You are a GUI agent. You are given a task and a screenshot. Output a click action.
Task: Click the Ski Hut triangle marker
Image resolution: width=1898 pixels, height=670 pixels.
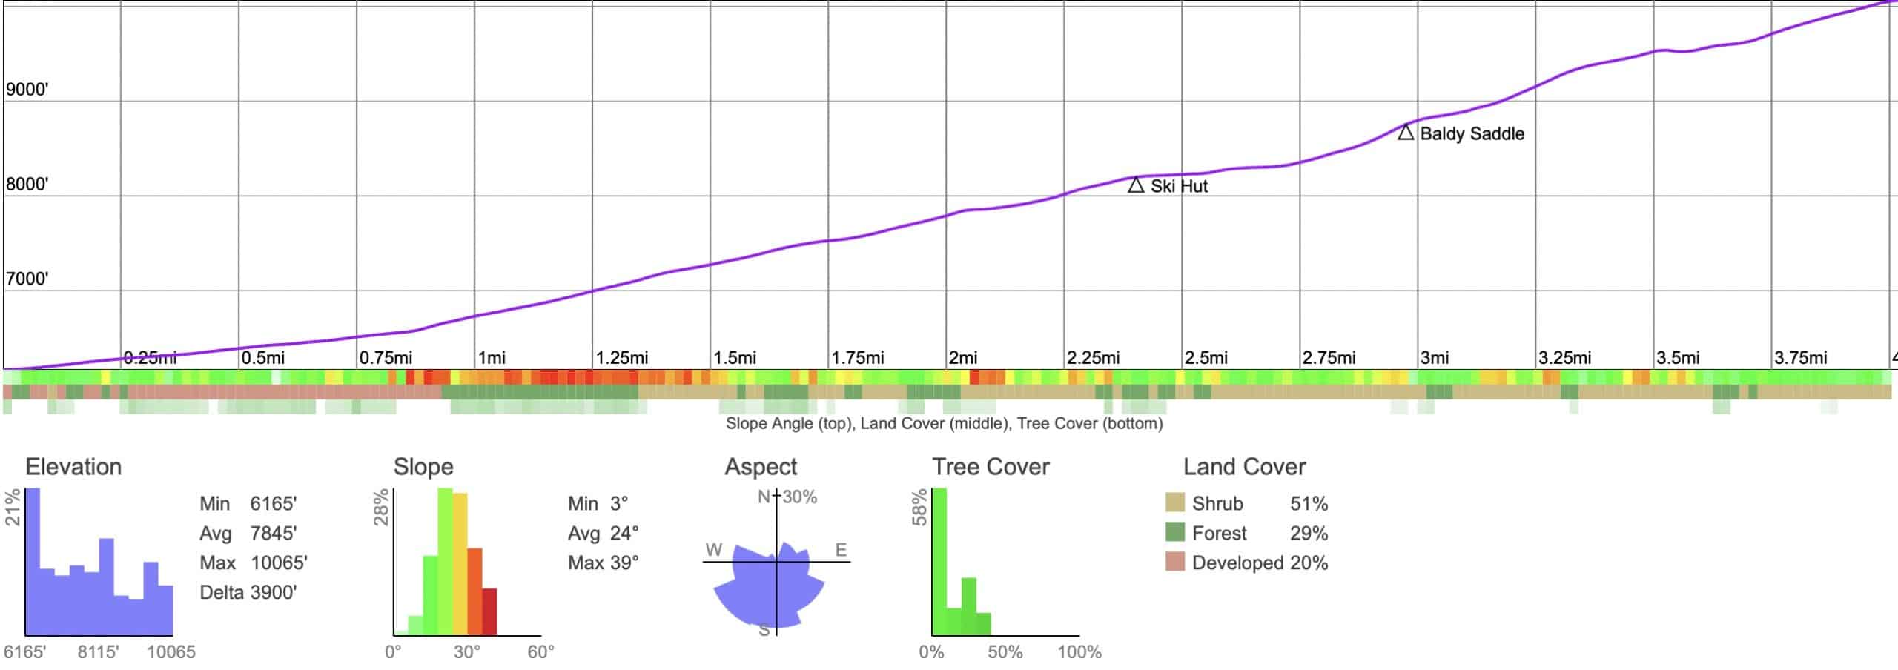pos(1135,185)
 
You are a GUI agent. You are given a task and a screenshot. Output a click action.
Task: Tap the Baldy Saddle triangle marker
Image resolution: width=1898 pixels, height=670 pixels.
pos(1405,133)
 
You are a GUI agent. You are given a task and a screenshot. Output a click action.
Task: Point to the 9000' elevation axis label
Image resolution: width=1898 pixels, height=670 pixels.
pos(27,90)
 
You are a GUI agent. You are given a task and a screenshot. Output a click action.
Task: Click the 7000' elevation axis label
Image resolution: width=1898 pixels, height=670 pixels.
pos(27,279)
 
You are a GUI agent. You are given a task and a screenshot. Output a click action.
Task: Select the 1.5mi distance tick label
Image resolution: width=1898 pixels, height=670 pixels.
pos(735,358)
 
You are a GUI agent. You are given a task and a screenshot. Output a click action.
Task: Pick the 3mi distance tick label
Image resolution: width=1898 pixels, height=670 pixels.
pos(1435,358)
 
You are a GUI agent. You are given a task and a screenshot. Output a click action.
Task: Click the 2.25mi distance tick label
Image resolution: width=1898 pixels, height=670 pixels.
pos(1093,358)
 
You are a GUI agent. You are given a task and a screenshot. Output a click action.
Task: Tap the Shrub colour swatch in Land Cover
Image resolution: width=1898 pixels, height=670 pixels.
pos(1174,503)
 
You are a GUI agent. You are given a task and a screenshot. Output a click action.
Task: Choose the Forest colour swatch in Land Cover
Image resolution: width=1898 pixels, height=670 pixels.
pos(1174,532)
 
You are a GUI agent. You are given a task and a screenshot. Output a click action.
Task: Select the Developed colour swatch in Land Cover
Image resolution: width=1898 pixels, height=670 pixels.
pos(1174,562)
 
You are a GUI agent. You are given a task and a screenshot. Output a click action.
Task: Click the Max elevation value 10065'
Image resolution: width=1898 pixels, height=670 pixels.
pos(279,563)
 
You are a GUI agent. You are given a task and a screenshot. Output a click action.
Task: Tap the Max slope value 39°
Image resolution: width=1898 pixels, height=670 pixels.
pos(624,563)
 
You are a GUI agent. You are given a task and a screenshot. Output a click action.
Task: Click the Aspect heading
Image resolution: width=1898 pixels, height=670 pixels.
pos(760,467)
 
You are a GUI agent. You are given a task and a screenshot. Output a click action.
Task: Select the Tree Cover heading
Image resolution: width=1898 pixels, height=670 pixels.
pos(991,467)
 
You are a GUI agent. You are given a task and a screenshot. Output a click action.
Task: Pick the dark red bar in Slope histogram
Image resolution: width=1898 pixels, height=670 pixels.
pos(489,611)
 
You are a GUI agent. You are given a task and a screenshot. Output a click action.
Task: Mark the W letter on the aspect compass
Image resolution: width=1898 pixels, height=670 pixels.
pos(713,550)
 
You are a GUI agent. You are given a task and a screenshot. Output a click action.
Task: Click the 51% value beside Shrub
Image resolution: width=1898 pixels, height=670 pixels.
pos(1309,504)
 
